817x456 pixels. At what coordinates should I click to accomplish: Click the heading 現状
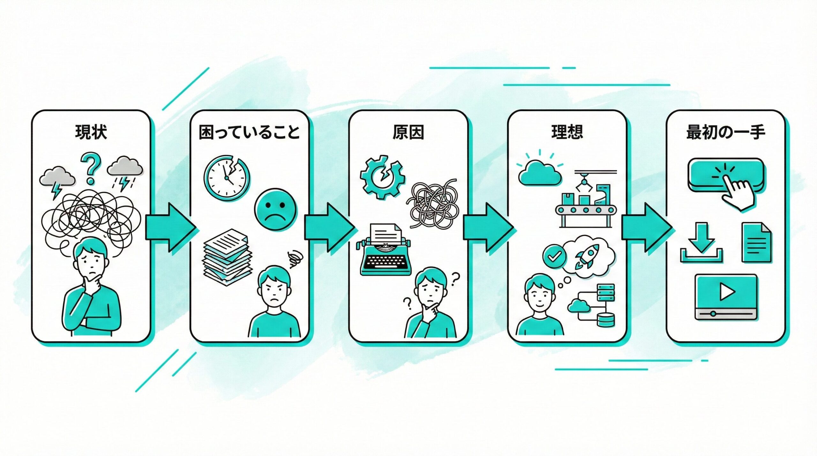point(91,132)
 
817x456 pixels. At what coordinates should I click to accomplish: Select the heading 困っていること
point(249,133)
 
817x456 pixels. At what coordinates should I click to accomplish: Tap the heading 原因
point(408,132)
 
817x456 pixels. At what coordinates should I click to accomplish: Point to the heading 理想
point(567,132)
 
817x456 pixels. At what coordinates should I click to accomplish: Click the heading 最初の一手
point(726,132)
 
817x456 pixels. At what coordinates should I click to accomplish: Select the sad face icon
point(276,211)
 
